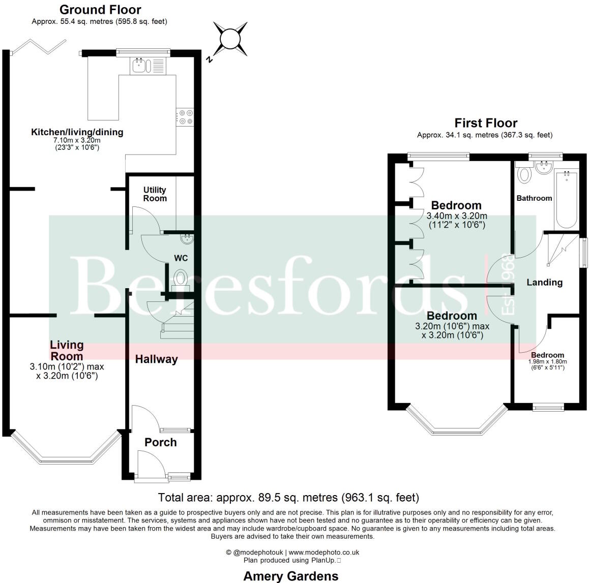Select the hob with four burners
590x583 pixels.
pyautogui.click(x=185, y=117)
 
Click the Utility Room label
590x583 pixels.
pyautogui.click(x=155, y=194)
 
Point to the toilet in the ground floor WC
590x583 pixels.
pyautogui.click(x=181, y=279)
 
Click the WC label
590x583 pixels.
pyautogui.click(x=181, y=258)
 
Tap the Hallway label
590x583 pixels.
pyautogui.click(x=156, y=359)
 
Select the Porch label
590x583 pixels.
pyautogui.click(x=161, y=442)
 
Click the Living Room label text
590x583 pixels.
pyautogui.click(x=67, y=350)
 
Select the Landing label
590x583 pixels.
pyautogui.click(x=544, y=283)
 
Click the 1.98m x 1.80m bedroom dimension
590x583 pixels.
pyautogui.click(x=547, y=362)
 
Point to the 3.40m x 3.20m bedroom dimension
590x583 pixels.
pyautogui.click(x=456, y=216)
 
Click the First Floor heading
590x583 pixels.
pyautogui.click(x=485, y=123)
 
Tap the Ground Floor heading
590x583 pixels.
pyautogui.click(x=100, y=10)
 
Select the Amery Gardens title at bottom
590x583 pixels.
pyautogui.click(x=290, y=576)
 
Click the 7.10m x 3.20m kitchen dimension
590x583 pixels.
pyautogui.click(x=77, y=140)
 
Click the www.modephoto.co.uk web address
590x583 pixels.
pyautogui.click(x=324, y=553)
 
